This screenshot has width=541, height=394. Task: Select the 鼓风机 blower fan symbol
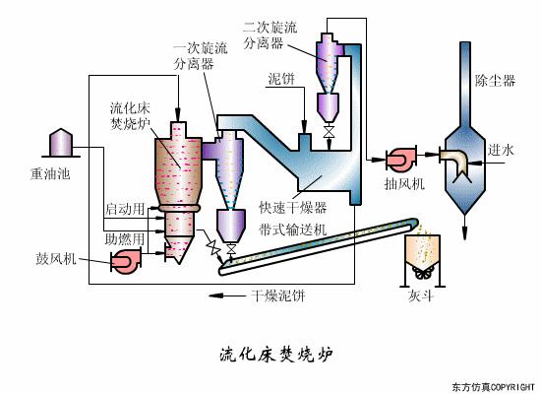(126, 260)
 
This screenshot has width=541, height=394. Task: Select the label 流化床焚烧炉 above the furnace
(130, 114)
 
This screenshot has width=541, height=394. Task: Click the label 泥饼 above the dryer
(281, 78)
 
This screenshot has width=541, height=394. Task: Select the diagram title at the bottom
(271, 352)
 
